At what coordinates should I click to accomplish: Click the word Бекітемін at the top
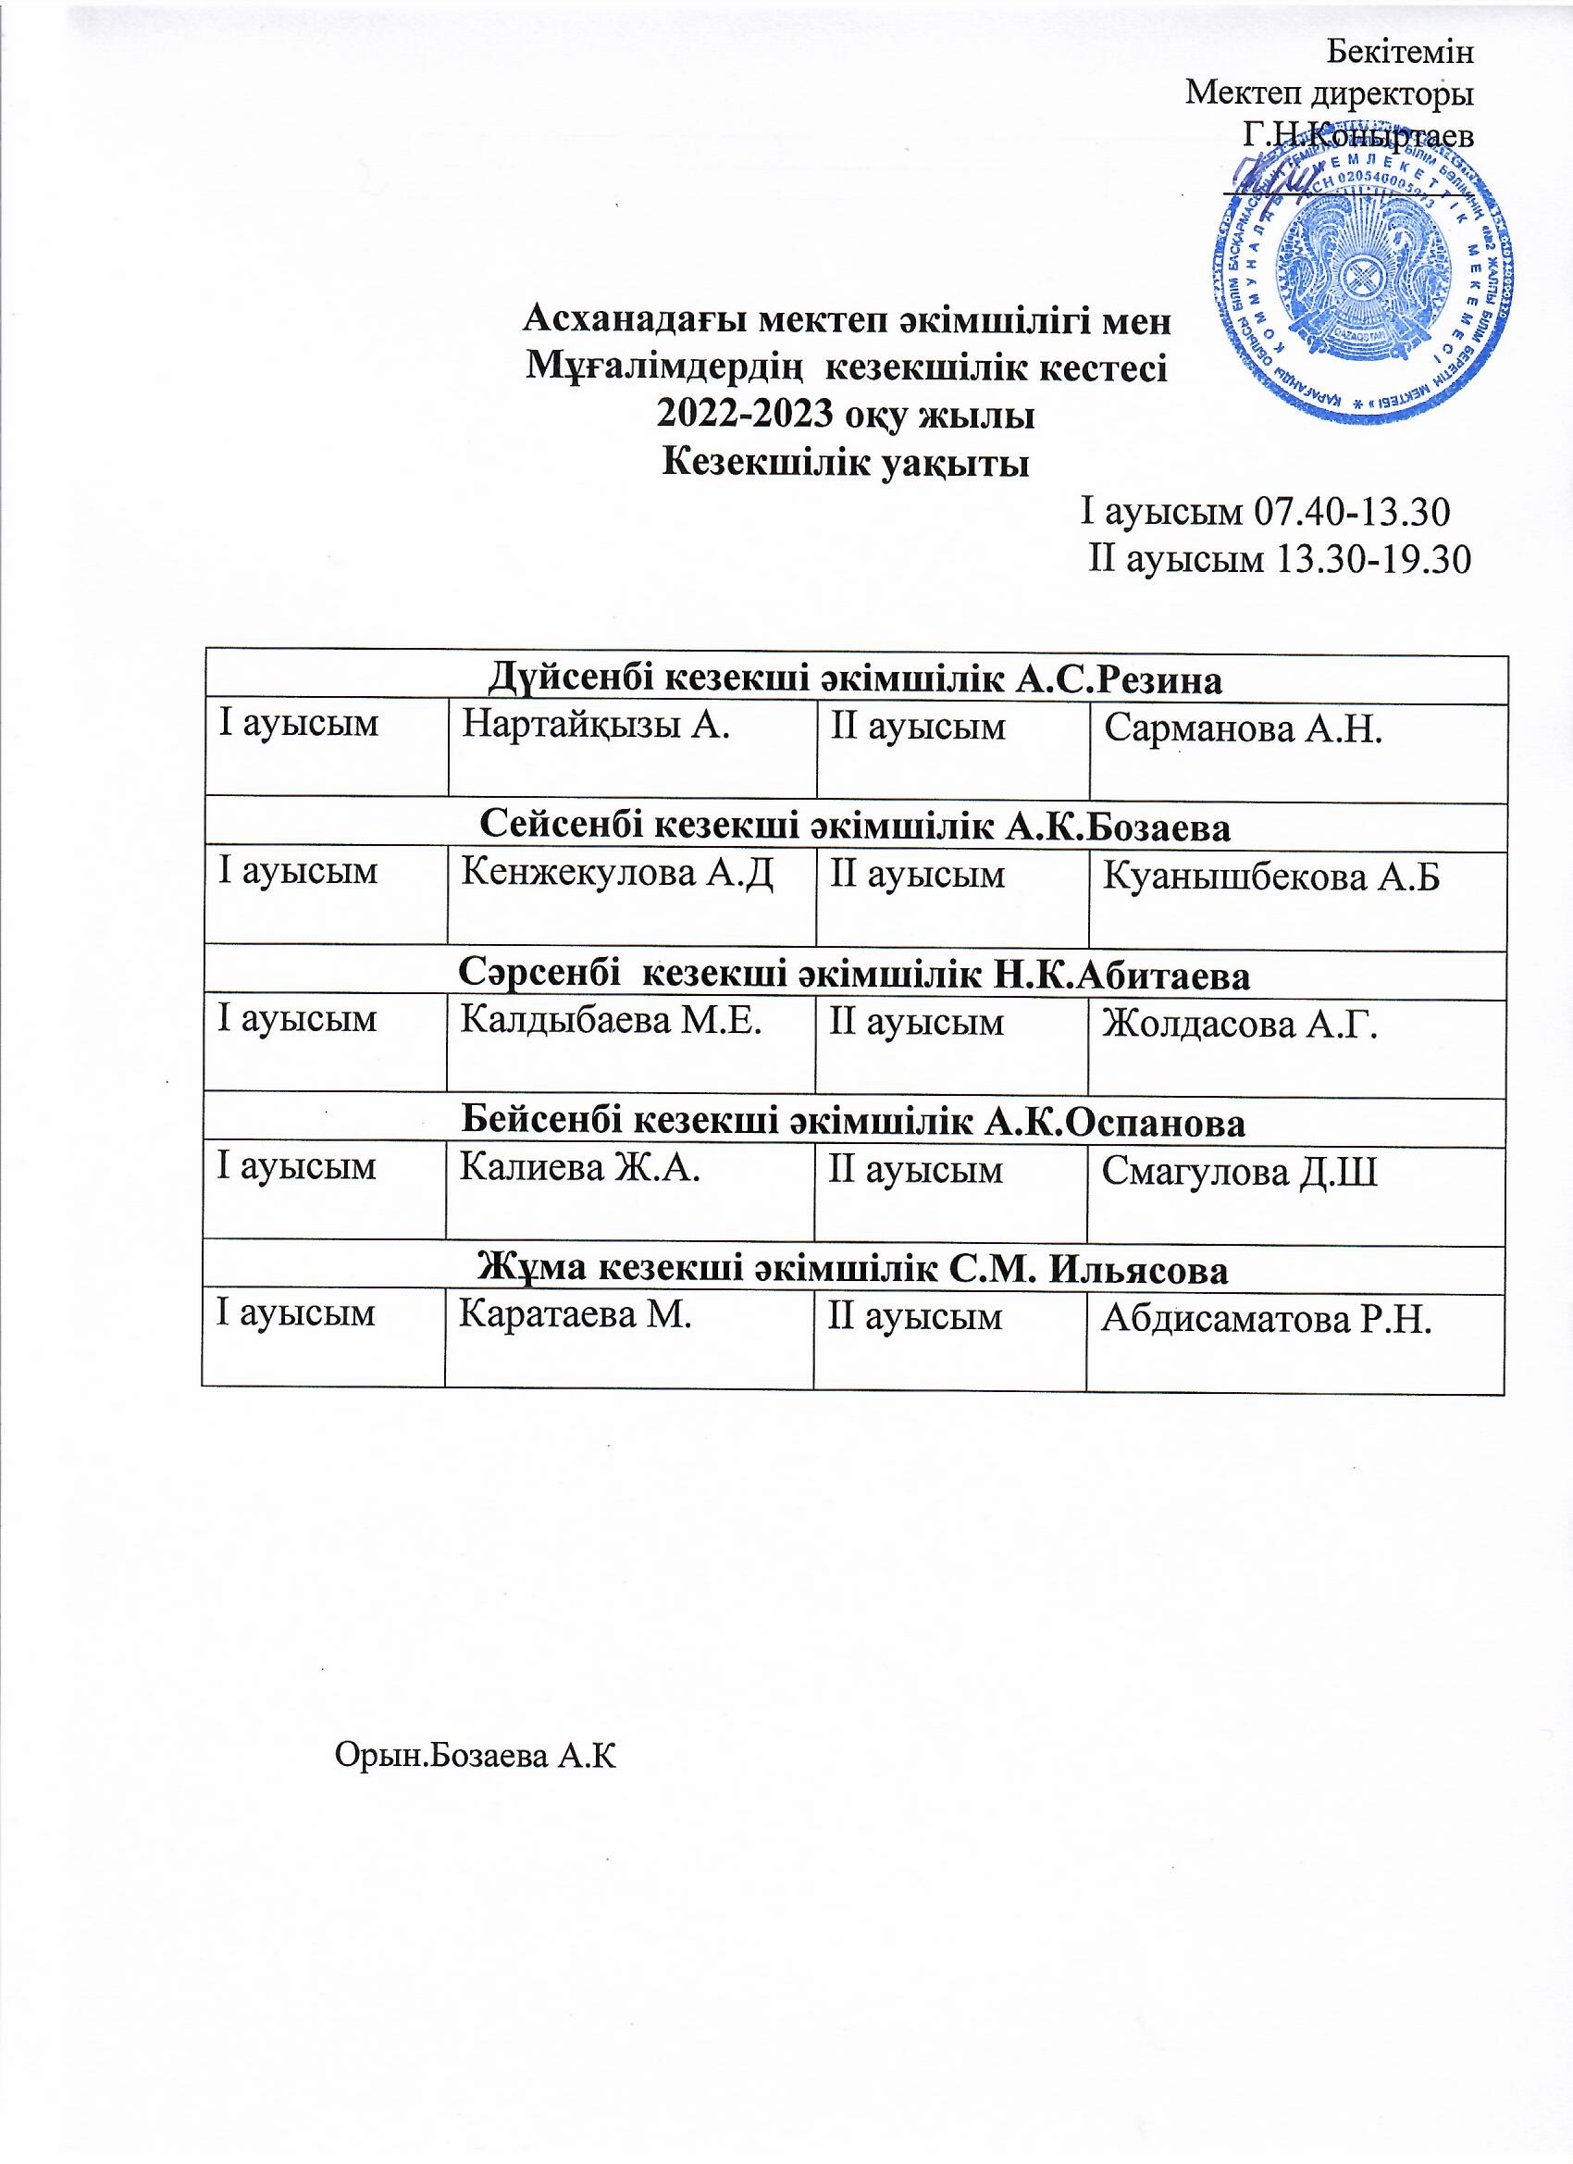tap(1400, 53)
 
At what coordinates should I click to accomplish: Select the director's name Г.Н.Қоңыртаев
tap(1357, 134)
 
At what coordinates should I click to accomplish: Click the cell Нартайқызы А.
tap(595, 726)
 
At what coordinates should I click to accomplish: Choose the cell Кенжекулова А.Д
tap(616, 873)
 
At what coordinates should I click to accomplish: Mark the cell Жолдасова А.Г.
tap(1240, 1025)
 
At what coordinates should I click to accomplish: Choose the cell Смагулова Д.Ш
tap(1239, 1172)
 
